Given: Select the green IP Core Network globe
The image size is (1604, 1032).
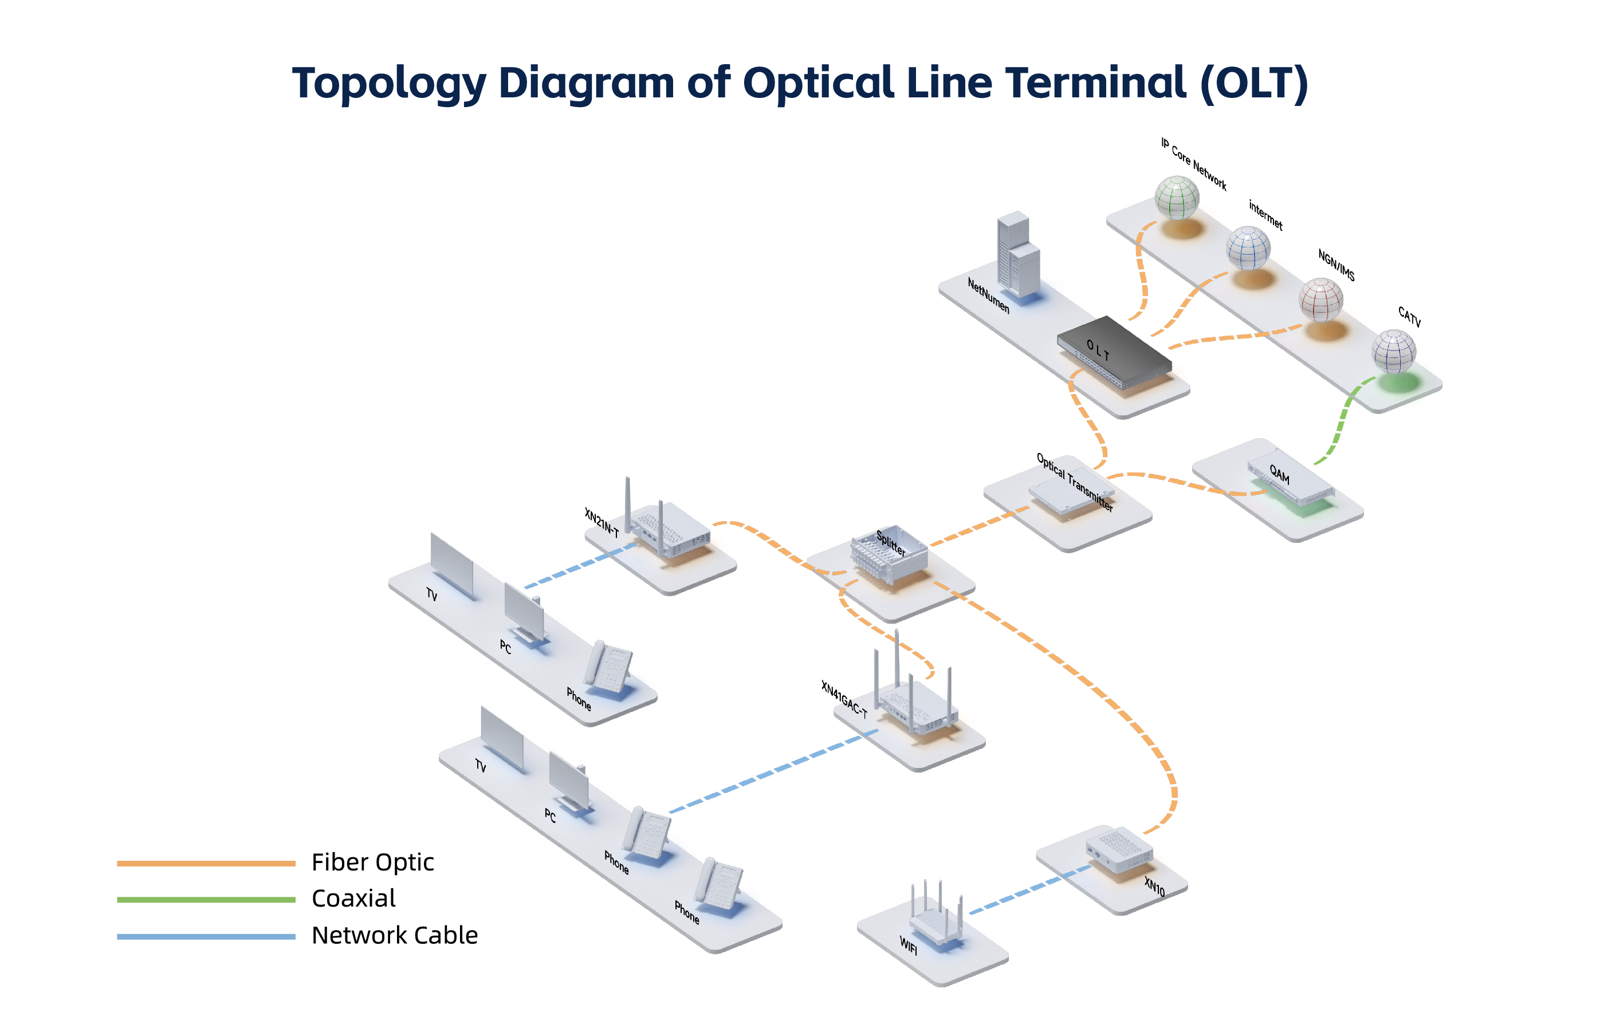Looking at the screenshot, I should pyautogui.click(x=1176, y=197).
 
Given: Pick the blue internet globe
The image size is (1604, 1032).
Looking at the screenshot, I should pyautogui.click(x=1248, y=248).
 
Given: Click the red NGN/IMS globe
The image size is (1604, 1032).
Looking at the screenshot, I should pyautogui.click(x=1320, y=300).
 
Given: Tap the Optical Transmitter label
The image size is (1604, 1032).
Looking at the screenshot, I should pyautogui.click(x=1075, y=482).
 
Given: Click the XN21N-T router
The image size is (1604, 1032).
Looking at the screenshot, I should pyautogui.click(x=667, y=528).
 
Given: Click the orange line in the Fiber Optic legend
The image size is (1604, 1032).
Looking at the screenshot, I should pyautogui.click(x=206, y=863).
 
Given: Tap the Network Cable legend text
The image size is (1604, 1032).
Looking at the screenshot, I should pyautogui.click(x=394, y=935).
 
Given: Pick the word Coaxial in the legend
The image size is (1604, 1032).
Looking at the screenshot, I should pyautogui.click(x=353, y=898).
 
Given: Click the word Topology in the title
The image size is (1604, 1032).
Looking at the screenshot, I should pyautogui.click(x=389, y=84).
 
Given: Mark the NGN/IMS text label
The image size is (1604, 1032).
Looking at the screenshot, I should pyautogui.click(x=1336, y=265).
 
